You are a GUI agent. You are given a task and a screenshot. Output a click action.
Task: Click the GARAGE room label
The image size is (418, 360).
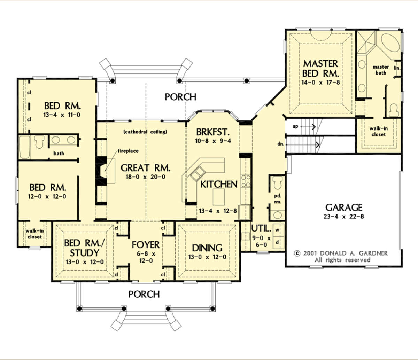(344, 208)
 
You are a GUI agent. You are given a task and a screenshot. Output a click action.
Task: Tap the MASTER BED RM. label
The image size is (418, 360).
(320, 69)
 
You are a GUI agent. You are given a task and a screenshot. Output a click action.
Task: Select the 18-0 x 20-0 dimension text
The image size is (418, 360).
(145, 177)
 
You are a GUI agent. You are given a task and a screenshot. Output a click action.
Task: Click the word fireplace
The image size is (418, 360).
(128, 151)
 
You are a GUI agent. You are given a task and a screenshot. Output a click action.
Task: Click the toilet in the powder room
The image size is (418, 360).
(278, 182)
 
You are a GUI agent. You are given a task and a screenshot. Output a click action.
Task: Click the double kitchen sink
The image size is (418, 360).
(197, 174)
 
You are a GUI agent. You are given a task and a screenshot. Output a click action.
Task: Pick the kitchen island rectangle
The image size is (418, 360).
(219, 197)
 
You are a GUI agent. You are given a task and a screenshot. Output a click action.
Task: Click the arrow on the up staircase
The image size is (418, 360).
(308, 127)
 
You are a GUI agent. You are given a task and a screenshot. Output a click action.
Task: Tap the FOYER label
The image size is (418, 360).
(146, 245)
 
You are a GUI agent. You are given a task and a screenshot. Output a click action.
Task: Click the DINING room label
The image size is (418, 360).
(207, 248)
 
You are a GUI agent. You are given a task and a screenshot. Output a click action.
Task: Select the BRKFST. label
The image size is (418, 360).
(213, 132)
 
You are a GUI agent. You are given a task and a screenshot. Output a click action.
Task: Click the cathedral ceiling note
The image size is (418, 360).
(145, 132)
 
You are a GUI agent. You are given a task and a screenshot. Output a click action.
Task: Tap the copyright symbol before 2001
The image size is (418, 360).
(297, 253)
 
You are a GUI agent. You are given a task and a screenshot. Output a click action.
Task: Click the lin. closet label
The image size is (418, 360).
(397, 68)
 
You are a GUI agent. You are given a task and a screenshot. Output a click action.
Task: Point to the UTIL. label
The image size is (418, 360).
(261, 229)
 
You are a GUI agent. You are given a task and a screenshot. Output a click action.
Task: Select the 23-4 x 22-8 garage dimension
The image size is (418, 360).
(344, 217)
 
